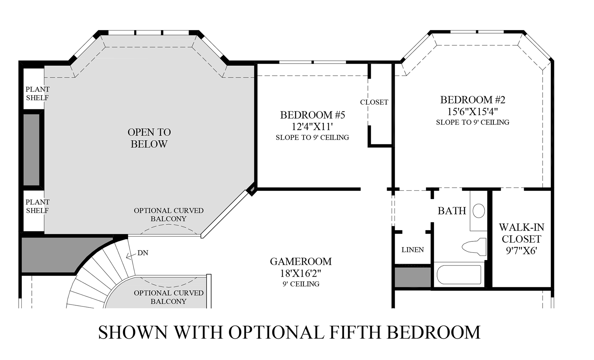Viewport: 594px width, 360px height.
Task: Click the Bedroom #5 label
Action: pos(312,115)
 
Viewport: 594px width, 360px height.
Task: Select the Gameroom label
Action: pos(300,261)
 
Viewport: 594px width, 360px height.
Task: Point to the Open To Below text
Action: pos(149,138)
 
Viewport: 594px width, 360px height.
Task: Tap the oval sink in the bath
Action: pos(479,211)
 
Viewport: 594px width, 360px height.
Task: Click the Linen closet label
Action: pos(412,250)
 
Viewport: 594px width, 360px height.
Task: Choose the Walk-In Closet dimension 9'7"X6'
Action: pos(521,250)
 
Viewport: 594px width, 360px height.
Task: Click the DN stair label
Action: pos(143,253)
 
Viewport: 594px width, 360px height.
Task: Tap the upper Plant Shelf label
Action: pos(37,93)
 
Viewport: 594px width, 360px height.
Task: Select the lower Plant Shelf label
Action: pos(37,206)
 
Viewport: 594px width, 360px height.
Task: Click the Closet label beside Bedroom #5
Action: pos(374,102)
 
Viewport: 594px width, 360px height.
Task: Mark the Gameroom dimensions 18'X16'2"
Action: pos(300,274)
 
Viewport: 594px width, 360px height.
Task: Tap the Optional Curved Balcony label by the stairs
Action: pos(169,297)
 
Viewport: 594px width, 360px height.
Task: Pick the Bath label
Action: pos(452,211)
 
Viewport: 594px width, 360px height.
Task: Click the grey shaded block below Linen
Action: pos(413,277)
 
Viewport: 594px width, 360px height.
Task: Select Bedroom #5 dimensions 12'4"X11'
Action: pos(312,127)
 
